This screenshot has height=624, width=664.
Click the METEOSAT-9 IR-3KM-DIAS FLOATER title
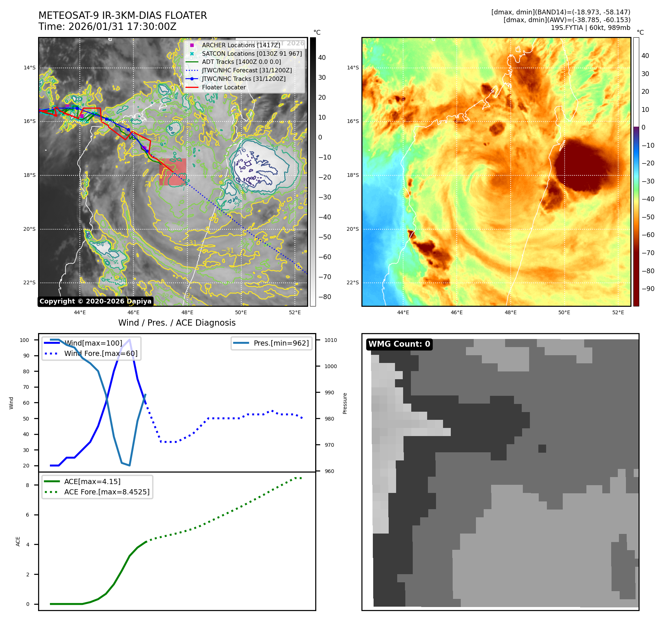[x=123, y=16]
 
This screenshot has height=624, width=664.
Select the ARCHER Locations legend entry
[x=241, y=45]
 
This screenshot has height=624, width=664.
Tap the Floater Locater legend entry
[x=224, y=87]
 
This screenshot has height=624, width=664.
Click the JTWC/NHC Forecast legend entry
[x=246, y=70]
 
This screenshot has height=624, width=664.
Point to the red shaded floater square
[x=173, y=172]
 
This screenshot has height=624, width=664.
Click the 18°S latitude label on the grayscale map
[x=30, y=175]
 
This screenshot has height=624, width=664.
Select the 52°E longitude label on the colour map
[x=618, y=312]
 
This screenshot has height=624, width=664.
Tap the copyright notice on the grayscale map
[x=95, y=301]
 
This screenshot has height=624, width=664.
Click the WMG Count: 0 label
[x=399, y=344]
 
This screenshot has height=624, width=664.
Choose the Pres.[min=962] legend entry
[x=281, y=343]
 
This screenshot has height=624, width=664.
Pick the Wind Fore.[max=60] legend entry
[x=101, y=353]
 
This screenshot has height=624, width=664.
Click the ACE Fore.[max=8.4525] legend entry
[x=106, y=492]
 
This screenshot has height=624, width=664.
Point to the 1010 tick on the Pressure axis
[x=331, y=340]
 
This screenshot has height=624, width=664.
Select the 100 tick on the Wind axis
[x=24, y=340]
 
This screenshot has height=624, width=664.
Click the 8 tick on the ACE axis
[x=27, y=485]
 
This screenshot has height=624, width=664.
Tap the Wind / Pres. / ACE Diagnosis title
[x=177, y=323]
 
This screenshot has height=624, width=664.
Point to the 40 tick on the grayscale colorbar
[x=322, y=58]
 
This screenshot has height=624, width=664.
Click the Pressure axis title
[x=345, y=403]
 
